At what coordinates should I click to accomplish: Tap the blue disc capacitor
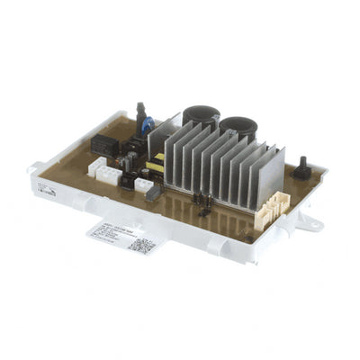coord(148,125)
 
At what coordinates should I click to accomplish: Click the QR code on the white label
coord(143,243)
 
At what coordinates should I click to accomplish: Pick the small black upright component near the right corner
coord(301,169)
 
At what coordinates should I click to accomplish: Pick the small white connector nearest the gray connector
coord(142,184)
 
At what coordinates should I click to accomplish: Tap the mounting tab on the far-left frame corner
coord(33,166)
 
